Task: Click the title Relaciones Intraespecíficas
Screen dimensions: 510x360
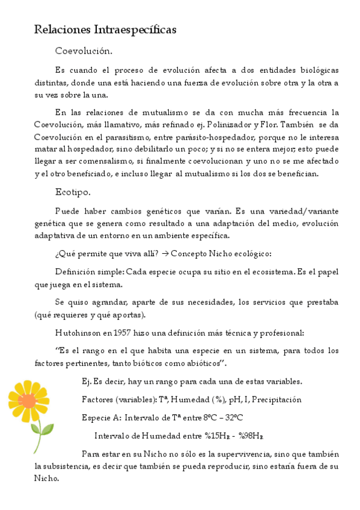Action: click(x=105, y=29)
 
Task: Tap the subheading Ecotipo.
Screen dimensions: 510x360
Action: click(x=73, y=192)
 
